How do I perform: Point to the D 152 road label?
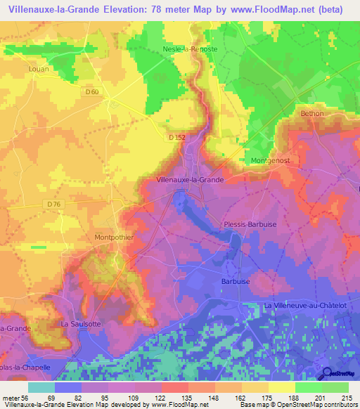(177, 138)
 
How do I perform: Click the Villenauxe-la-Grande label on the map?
(190, 180)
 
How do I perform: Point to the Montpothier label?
(114, 238)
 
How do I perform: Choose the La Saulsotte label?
(78, 324)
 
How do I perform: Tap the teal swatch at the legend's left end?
(41, 387)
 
